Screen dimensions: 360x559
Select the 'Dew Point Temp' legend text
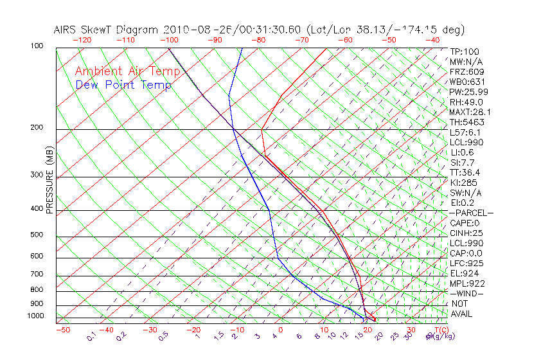123,85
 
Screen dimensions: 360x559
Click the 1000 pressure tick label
36,316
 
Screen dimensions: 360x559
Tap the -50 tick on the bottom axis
62,330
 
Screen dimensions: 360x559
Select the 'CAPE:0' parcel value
466,223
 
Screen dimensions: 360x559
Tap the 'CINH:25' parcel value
466,233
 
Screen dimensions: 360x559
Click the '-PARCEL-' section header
471,213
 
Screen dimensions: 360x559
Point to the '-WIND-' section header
466,293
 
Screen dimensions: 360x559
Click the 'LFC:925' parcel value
466,263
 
